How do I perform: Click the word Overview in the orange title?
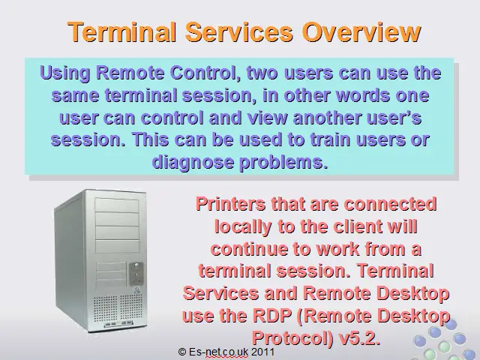click(361, 31)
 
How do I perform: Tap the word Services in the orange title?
click(238, 31)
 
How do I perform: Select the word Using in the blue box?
click(65, 73)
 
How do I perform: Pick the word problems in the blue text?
click(283, 162)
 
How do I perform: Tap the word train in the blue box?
click(330, 139)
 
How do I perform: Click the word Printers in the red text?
click(230, 204)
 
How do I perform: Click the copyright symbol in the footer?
click(182, 352)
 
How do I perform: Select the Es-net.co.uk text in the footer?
click(218, 352)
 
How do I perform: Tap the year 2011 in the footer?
click(263, 352)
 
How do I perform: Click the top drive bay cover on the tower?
click(117, 205)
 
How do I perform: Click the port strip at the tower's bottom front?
click(118, 323)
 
